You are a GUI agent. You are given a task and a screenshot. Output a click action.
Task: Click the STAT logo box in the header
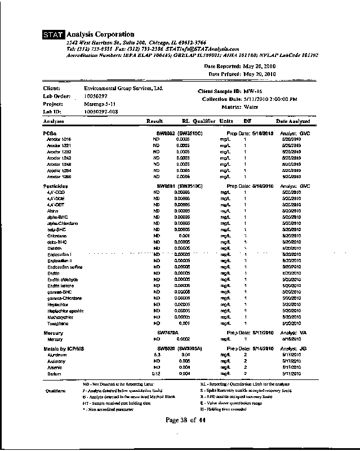(x=54, y=35)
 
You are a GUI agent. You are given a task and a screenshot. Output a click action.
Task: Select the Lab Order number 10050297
(x=95, y=96)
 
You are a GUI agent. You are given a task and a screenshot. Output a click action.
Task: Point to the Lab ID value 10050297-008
(x=101, y=112)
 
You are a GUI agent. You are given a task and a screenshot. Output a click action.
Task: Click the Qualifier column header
(x=204, y=121)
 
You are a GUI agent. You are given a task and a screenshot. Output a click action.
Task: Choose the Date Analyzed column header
(x=292, y=121)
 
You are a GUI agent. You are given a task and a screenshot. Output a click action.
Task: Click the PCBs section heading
(x=49, y=133)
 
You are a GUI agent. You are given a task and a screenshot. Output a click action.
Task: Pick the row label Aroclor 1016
(x=59, y=139)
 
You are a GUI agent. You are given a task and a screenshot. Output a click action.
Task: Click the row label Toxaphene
(x=57, y=324)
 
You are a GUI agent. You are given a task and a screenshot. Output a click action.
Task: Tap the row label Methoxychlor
(x=60, y=317)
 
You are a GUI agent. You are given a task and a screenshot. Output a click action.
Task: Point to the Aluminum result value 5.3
(x=158, y=355)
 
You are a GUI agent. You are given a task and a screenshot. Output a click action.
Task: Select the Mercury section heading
(x=53, y=333)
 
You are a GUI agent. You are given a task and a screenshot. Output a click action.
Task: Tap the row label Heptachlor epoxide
(x=65, y=311)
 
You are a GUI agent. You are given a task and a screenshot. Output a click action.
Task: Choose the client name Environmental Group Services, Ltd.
(x=123, y=89)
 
